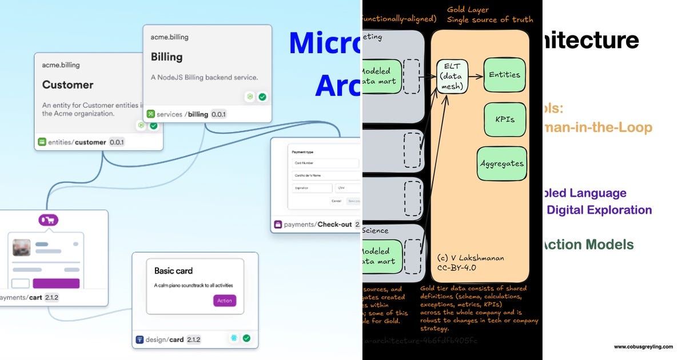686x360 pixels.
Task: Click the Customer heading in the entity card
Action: click(x=67, y=85)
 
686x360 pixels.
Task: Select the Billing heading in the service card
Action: click(x=166, y=57)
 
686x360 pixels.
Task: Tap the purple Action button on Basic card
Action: click(x=224, y=301)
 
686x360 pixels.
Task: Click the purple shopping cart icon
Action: click(x=49, y=220)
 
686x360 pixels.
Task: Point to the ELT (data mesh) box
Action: click(x=452, y=76)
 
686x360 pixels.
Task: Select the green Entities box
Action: click(x=504, y=75)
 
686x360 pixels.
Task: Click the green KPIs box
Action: click(x=505, y=119)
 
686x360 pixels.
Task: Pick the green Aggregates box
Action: click(x=501, y=163)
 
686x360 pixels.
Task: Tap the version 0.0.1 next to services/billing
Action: click(x=218, y=114)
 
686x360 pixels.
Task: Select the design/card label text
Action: click(x=164, y=339)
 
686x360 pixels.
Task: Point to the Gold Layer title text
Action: click(x=468, y=10)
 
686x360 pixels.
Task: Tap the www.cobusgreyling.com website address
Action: click(x=643, y=347)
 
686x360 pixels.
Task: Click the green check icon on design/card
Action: click(x=246, y=338)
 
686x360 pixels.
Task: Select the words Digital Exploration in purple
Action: click(x=599, y=210)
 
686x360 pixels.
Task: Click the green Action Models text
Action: click(x=588, y=245)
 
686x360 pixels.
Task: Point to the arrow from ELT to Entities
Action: click(x=476, y=75)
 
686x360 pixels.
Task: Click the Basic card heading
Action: click(x=173, y=271)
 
